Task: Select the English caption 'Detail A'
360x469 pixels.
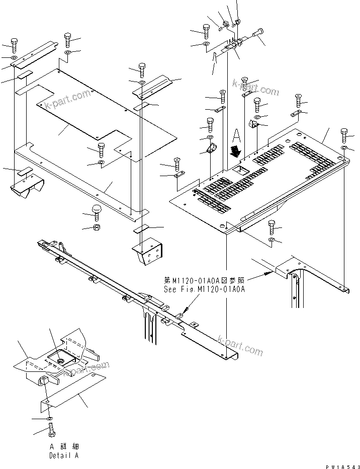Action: [63, 455]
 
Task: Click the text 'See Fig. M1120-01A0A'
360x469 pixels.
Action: [204, 290]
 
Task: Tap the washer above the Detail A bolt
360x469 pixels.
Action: [50, 419]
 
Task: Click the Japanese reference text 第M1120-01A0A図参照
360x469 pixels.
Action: [204, 280]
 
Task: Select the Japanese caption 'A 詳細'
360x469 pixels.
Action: [63, 446]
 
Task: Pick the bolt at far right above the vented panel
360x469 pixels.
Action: [344, 135]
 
